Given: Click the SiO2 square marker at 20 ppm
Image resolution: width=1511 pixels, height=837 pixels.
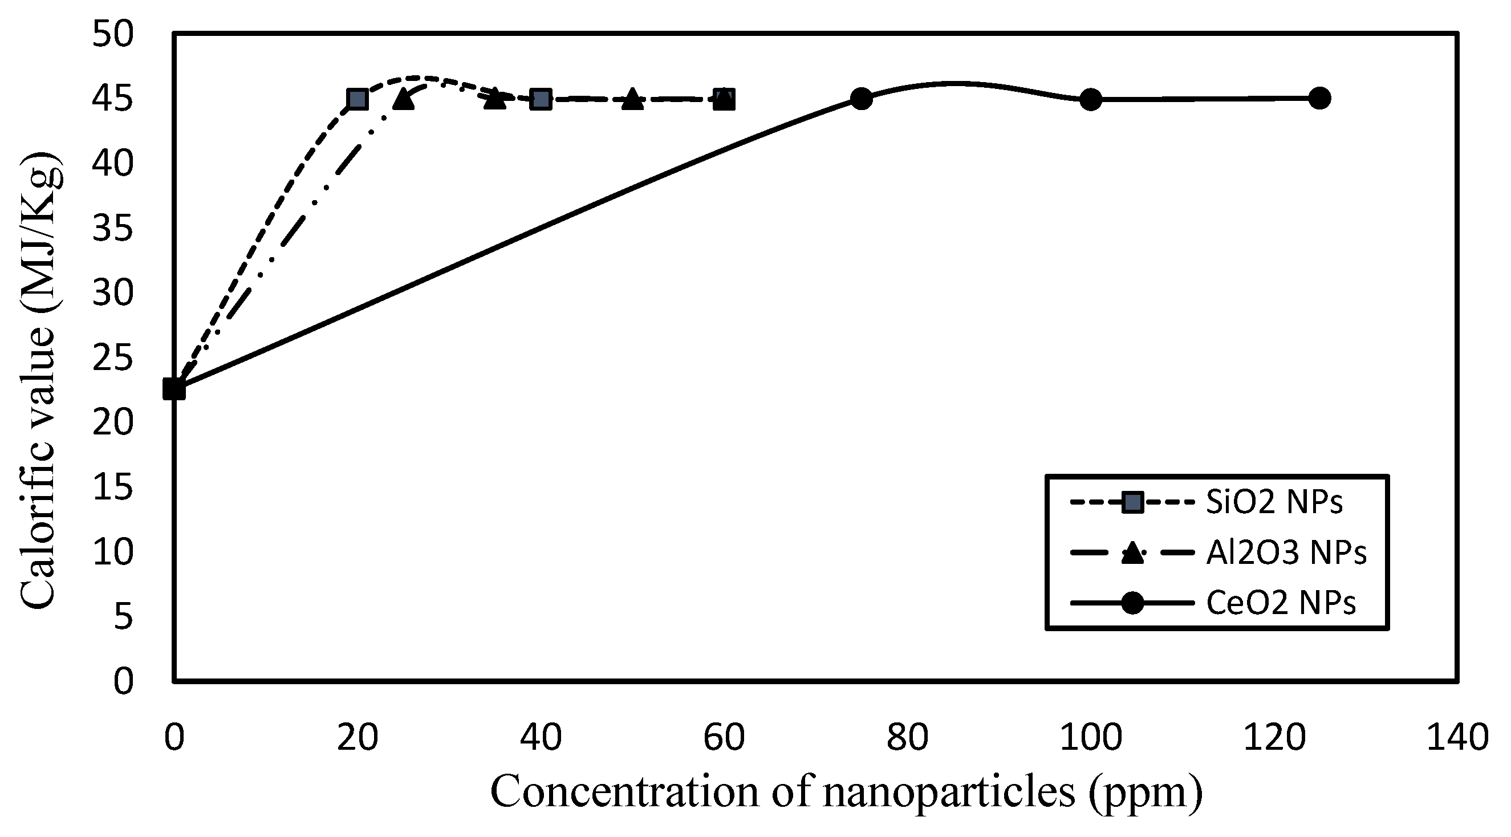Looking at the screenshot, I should (357, 100).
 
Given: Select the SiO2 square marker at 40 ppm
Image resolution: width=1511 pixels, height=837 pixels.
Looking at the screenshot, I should (541, 100).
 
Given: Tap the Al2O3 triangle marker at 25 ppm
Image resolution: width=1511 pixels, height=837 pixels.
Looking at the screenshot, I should (404, 99).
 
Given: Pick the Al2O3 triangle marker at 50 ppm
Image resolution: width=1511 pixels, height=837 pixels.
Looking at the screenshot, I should (632, 99).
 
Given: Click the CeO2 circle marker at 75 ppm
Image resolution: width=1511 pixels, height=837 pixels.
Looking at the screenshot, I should (861, 99).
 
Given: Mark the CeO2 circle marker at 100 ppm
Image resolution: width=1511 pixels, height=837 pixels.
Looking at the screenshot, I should (1090, 100).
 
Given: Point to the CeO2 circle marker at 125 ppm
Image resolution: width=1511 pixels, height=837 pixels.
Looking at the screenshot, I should (1320, 98).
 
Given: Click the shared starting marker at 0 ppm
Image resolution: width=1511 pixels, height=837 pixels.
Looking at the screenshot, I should (174, 389).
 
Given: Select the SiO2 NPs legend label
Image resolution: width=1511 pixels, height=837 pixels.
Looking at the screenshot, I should (1274, 502).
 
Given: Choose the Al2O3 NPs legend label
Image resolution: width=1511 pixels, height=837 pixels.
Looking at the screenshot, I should (1286, 552).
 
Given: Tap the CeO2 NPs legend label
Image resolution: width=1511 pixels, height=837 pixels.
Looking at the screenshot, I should (1281, 603).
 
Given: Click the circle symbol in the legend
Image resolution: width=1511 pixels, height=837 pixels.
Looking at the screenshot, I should (1132, 603).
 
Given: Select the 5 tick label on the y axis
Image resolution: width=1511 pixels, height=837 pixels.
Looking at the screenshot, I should (123, 616).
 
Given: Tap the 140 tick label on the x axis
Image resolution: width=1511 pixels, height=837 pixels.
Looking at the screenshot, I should (1457, 738).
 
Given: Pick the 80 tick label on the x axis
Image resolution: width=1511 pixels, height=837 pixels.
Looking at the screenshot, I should (907, 738).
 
